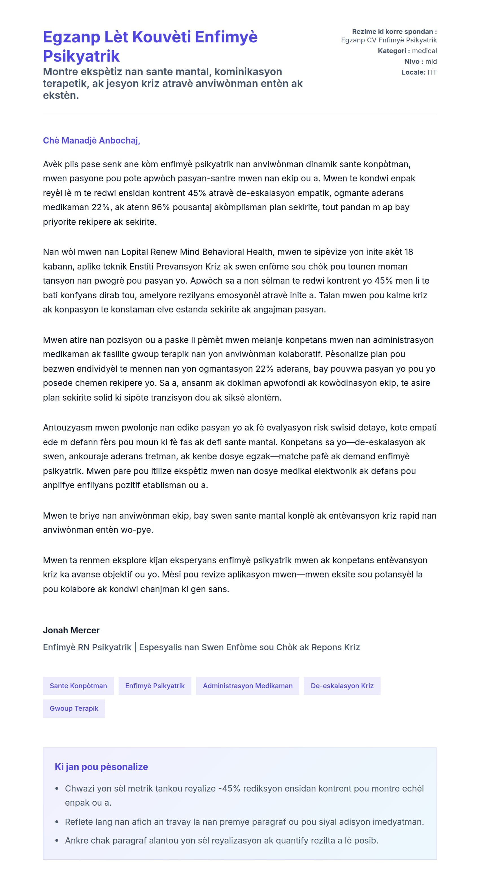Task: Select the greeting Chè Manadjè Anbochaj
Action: pyautogui.click(x=91, y=140)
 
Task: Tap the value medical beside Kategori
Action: pyautogui.click(x=424, y=51)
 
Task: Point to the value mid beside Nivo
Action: pyautogui.click(x=431, y=62)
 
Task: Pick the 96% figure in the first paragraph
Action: pyautogui.click(x=161, y=207)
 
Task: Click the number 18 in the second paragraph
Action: pyautogui.click(x=409, y=252)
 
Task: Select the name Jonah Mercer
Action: pyautogui.click(x=71, y=631)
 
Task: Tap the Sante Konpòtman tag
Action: pyautogui.click(x=78, y=686)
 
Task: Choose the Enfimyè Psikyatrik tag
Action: pyautogui.click(x=155, y=686)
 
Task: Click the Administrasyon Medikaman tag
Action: pyautogui.click(x=247, y=686)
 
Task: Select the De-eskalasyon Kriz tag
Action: pyautogui.click(x=342, y=686)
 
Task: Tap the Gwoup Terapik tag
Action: pyautogui.click(x=74, y=709)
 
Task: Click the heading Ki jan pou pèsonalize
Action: pyautogui.click(x=101, y=767)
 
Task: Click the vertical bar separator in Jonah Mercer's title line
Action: pyautogui.click(x=135, y=647)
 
